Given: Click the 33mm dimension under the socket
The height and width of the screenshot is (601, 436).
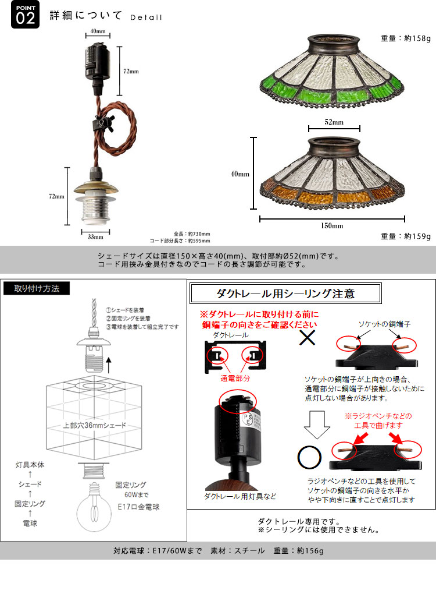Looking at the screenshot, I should click(x=96, y=236).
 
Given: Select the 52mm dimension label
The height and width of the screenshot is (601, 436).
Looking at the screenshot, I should click(x=334, y=123).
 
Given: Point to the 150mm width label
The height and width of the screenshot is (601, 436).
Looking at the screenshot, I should click(x=333, y=225).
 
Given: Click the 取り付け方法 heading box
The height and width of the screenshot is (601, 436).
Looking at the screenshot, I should click(x=36, y=288).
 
